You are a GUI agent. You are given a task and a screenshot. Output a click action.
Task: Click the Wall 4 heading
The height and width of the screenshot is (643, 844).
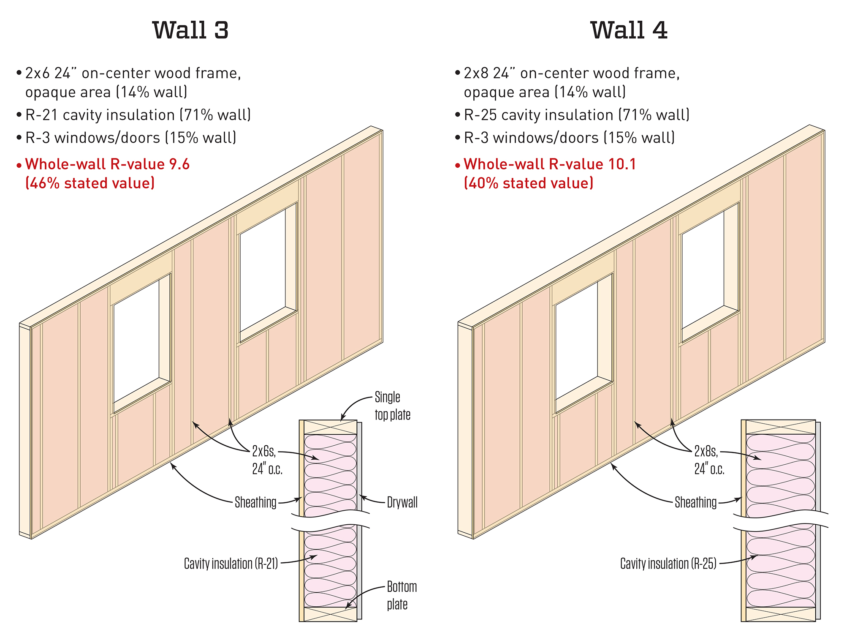(629, 30)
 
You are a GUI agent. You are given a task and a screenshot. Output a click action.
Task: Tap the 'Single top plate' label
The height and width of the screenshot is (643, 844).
(392, 406)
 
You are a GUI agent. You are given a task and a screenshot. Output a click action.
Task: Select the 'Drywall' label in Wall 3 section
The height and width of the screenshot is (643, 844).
(402, 502)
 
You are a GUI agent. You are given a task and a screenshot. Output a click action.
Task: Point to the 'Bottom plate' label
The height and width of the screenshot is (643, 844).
(402, 595)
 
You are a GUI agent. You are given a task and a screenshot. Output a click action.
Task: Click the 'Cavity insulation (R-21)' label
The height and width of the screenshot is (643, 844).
(231, 563)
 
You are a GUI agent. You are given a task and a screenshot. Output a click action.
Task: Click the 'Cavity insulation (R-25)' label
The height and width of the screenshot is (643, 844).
(668, 563)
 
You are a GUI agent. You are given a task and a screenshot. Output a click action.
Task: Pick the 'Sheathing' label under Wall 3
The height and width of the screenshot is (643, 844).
(255, 502)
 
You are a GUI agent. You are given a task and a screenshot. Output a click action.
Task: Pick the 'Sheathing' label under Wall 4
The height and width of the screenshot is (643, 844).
(695, 502)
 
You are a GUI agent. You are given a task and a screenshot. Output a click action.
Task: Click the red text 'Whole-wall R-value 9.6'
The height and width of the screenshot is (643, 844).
(107, 164)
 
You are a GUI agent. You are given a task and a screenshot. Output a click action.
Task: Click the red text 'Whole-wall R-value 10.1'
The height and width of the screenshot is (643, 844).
(549, 164)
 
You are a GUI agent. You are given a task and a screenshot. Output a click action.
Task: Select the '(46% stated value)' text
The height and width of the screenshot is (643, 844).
(90, 183)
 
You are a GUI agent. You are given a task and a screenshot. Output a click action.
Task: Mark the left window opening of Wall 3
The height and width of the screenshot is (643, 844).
(136, 340)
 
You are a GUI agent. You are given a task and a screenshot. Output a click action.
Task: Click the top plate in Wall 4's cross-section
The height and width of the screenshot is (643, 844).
(780, 427)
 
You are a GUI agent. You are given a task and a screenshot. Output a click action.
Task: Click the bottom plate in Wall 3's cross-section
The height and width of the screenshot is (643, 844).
(330, 614)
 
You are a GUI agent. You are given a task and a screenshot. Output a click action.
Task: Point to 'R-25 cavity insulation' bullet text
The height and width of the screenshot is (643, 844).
(576, 115)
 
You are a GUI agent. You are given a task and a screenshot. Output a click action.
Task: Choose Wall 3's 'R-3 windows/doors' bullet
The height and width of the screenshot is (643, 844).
(130, 138)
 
